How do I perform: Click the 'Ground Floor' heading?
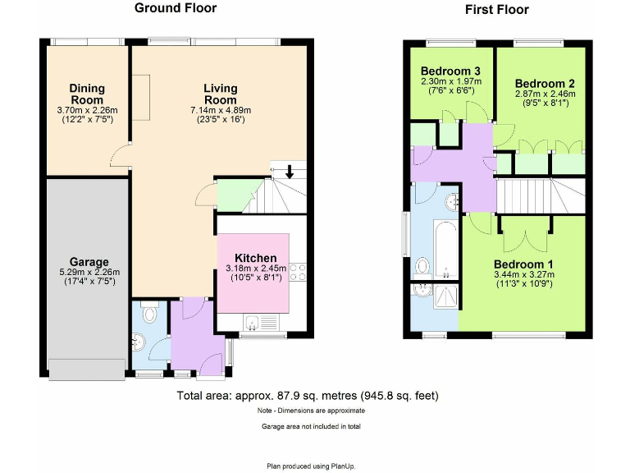[176, 8]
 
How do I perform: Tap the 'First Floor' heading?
[496, 10]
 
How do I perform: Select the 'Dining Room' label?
[87, 94]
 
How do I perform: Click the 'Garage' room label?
[89, 263]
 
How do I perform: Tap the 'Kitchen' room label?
[254, 257]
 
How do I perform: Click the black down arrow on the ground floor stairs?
[289, 173]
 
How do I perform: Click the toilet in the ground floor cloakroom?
[149, 313]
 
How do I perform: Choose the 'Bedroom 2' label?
[545, 84]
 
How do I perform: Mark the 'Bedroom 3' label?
[450, 71]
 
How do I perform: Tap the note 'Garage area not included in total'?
[310, 426]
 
